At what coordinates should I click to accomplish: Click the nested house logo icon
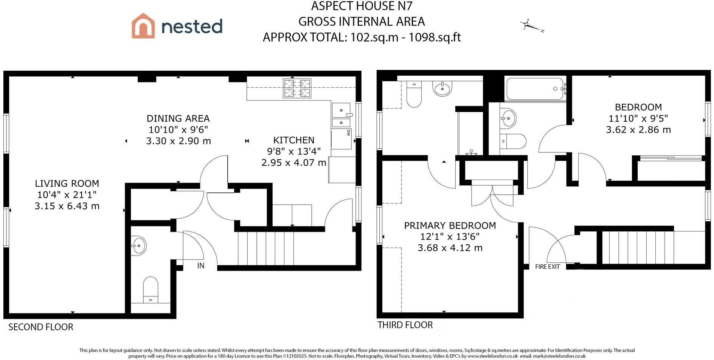pos(143,26)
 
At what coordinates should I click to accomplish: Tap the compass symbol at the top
pos(532,26)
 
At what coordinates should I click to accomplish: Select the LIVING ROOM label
pos(67,184)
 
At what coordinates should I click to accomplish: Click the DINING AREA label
pos(178,118)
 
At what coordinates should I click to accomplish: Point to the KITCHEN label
pos(294,140)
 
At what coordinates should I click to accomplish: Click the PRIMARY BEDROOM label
pos(450,226)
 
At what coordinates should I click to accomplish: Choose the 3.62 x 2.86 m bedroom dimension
pos(638,130)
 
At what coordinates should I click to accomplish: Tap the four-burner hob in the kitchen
pos(297,88)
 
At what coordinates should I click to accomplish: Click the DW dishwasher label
pos(348,133)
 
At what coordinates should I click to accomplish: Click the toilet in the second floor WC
pos(151,290)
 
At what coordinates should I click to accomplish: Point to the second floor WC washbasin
pos(138,246)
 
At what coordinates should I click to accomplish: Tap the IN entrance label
pos(201,266)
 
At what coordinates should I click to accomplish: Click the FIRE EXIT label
pos(547,267)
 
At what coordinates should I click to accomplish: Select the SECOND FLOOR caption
pos(41,327)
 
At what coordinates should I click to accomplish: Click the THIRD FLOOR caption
pos(405,325)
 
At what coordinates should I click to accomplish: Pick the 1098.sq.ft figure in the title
pos(435,37)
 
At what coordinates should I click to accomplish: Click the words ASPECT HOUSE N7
pos(362,6)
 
